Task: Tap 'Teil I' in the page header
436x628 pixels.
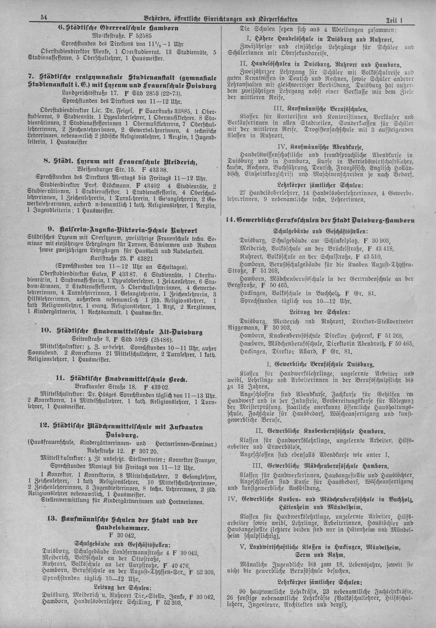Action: (395, 20)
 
